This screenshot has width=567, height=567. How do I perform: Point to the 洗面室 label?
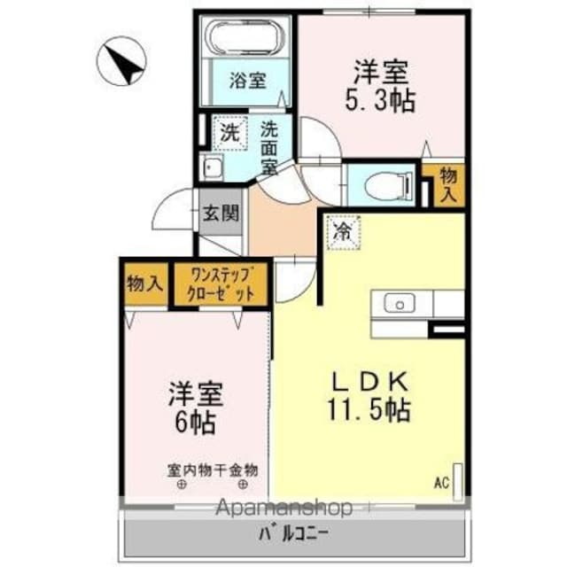click(x=268, y=146)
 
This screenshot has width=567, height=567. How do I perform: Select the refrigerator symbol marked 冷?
click(x=341, y=232)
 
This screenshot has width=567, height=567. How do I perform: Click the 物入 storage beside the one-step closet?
click(x=144, y=283)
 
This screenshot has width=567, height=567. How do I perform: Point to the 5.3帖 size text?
click(x=382, y=100)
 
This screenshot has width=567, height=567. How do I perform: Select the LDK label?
click(x=371, y=382)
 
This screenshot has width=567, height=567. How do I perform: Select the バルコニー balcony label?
click(x=293, y=534)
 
